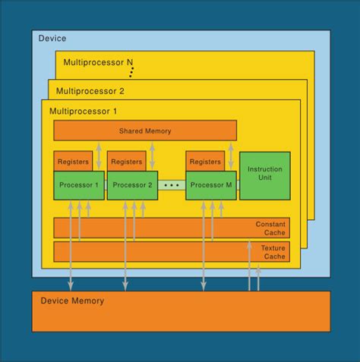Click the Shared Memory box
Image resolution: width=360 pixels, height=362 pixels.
coord(145,131)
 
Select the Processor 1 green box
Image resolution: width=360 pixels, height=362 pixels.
coord(78,185)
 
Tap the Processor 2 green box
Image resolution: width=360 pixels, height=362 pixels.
coord(132,185)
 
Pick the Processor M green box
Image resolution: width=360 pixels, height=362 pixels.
coord(211,185)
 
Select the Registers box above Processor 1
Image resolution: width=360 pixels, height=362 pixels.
coord(73,162)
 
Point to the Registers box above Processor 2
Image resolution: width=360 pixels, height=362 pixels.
coord(126,162)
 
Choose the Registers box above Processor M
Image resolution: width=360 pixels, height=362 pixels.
coord(205,162)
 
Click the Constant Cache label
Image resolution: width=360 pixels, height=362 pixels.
coord(270,227)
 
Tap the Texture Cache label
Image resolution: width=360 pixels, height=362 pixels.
coord(273,252)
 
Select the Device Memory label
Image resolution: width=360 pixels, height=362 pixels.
coord(72,301)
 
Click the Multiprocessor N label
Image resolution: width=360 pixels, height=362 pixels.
coord(97,63)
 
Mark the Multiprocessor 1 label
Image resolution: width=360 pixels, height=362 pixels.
coord(84,112)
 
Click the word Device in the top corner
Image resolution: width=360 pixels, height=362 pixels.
coord(52,38)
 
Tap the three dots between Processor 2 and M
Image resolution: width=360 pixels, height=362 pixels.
coord(172,185)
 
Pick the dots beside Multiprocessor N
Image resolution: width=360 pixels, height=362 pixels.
coord(131,72)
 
